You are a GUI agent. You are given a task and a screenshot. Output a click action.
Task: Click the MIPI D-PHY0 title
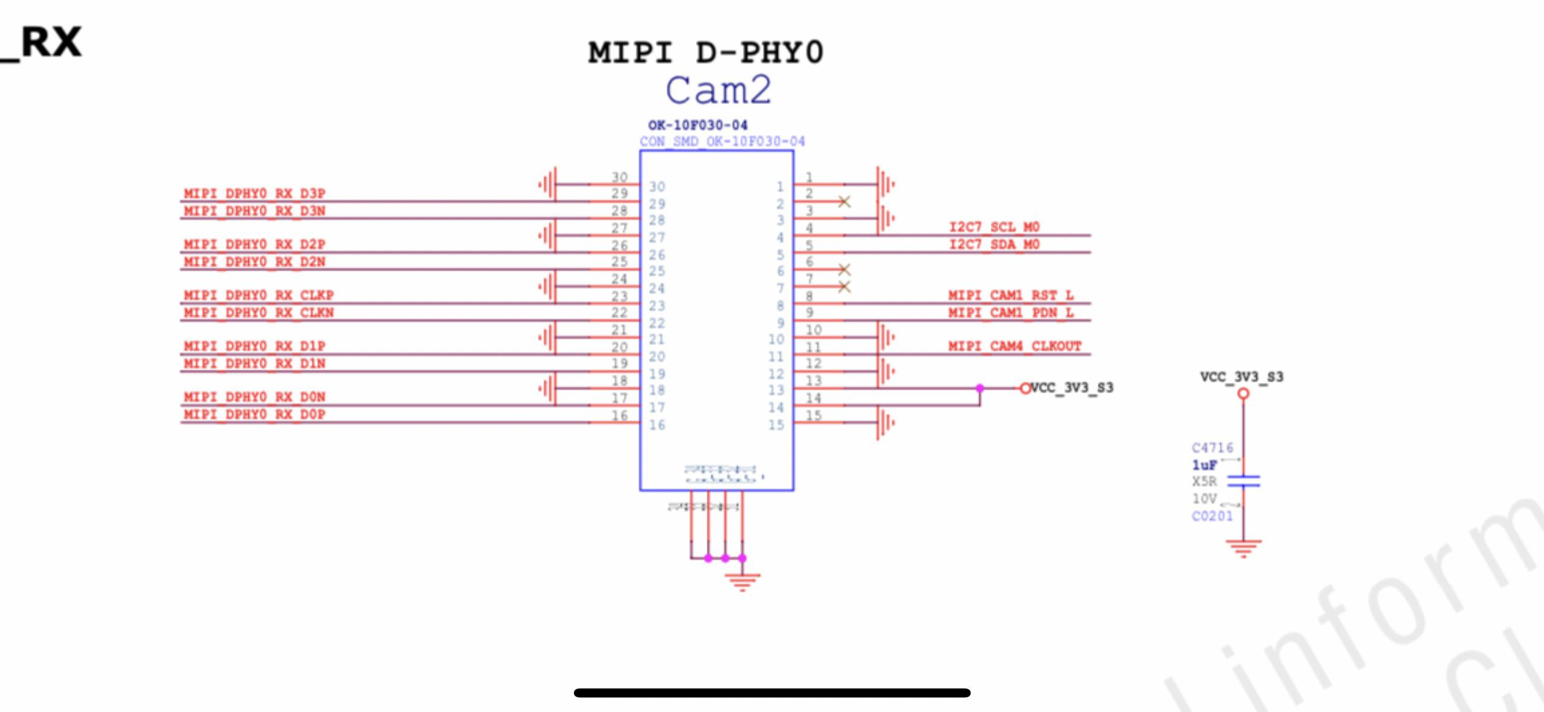[706, 52]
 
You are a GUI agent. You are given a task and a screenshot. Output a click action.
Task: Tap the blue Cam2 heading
[718, 91]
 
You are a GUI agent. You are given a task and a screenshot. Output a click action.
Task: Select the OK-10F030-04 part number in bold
[698, 125]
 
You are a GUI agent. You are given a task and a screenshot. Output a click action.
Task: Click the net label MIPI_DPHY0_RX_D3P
[254, 194]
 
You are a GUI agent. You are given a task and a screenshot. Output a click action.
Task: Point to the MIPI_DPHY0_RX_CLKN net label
[259, 313]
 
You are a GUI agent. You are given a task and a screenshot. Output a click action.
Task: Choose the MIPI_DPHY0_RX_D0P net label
[254, 414]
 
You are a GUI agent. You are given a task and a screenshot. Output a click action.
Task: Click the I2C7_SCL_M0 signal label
[994, 227]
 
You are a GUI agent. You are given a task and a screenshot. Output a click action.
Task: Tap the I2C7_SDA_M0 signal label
[994, 245]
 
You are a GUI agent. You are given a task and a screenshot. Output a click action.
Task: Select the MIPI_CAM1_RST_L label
[1011, 295]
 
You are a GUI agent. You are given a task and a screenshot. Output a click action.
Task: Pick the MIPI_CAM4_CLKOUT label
[1014, 346]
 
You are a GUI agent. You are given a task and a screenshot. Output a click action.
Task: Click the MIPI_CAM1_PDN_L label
[1011, 313]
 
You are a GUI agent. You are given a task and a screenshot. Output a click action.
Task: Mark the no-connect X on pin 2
[844, 202]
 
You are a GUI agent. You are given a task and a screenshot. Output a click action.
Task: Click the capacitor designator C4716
[1212, 447]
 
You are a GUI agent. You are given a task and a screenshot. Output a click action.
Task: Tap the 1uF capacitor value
[1204, 465]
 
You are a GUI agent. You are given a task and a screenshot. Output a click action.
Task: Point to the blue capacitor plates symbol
[1243, 481]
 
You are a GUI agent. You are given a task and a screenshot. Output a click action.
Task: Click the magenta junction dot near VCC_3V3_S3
[980, 388]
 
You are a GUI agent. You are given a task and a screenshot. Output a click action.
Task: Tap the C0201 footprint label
[1212, 516]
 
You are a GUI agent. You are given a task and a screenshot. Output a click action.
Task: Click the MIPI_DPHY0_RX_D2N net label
[254, 262]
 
